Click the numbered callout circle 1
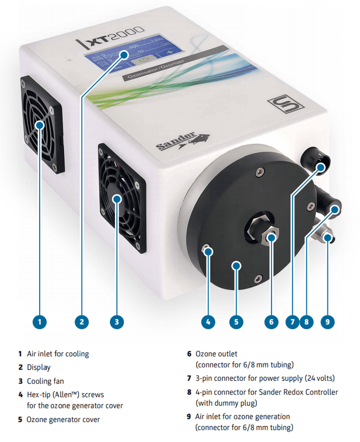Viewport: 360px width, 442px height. point(40,321)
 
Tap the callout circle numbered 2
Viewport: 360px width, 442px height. point(81,321)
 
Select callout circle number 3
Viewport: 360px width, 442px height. point(116,321)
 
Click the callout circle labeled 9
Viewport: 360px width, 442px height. point(327,321)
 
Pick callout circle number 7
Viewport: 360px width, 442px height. point(290,321)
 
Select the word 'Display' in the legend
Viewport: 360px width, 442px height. point(38,367)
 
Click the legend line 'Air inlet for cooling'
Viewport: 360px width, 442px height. point(57,354)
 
